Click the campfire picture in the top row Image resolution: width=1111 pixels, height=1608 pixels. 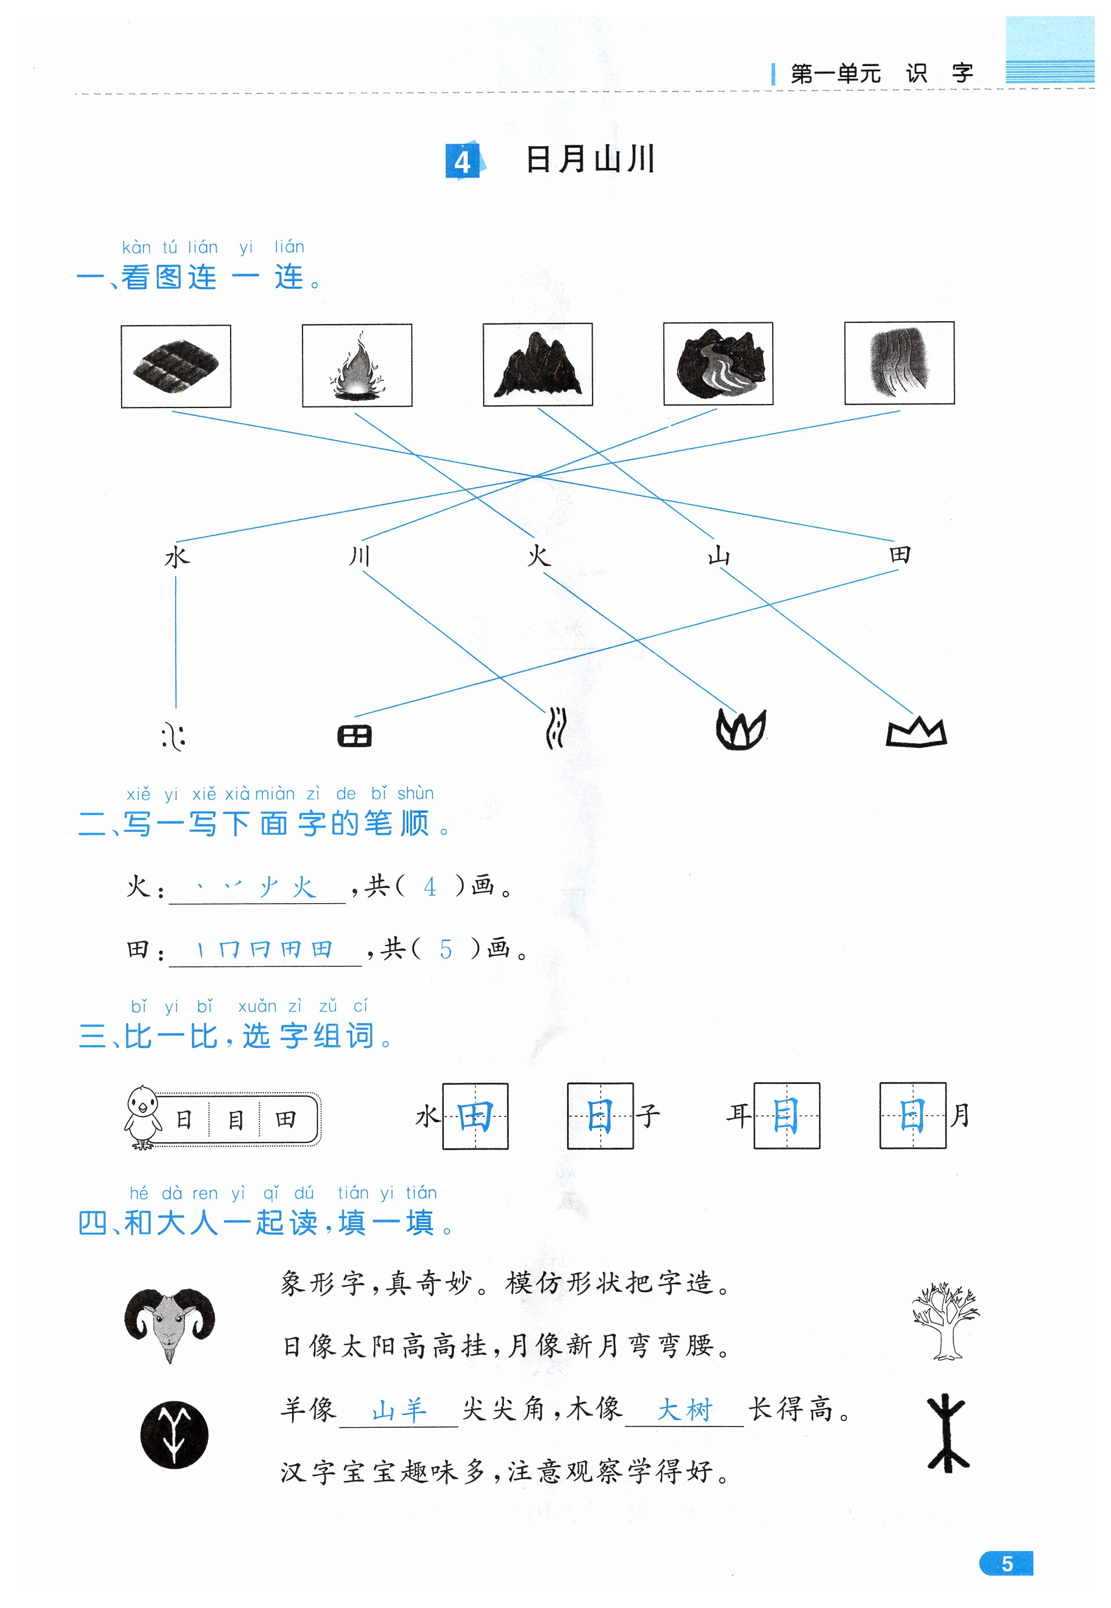[x=356, y=365]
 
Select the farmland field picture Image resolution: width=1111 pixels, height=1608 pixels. [x=176, y=366]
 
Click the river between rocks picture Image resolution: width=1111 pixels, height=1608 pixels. [x=718, y=363]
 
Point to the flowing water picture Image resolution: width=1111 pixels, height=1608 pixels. [x=898, y=363]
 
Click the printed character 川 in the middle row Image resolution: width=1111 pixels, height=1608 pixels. [x=359, y=556]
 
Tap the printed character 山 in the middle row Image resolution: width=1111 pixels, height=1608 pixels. [x=718, y=556]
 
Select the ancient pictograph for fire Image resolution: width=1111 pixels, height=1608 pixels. [x=741, y=730]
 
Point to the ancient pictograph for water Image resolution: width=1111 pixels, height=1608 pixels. [x=173, y=736]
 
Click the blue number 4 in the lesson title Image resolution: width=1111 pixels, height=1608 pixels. [x=462, y=162]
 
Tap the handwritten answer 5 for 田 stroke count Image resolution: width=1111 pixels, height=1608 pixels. [x=445, y=949]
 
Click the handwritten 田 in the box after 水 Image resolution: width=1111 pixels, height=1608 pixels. [x=476, y=1116]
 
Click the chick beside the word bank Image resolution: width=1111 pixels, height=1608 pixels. [x=142, y=1116]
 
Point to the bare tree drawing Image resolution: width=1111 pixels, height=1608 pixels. [x=945, y=1320]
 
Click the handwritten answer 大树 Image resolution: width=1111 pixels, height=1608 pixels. [x=685, y=1410]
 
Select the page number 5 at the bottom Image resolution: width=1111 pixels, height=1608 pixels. [x=1007, y=1563]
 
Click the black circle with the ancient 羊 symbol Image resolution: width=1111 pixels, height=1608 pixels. [x=174, y=1435]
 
